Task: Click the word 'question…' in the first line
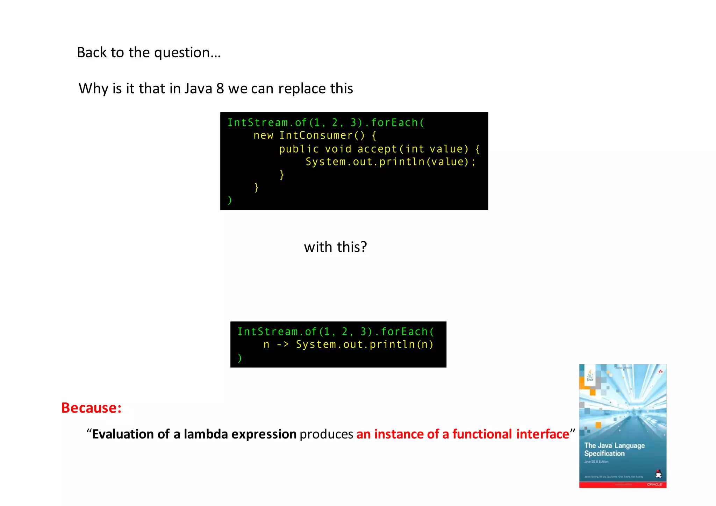pyautogui.click(x=187, y=53)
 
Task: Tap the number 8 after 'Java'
pyautogui.click(x=220, y=88)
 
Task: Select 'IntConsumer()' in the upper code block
pyautogui.click(x=322, y=136)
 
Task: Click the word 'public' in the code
pyautogui.click(x=299, y=149)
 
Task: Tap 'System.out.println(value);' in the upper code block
pyautogui.click(x=391, y=162)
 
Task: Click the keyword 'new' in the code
pyautogui.click(x=263, y=136)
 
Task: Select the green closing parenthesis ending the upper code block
pyautogui.click(x=230, y=200)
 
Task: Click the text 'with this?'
pyautogui.click(x=335, y=247)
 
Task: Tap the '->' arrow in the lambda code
pyautogui.click(x=283, y=345)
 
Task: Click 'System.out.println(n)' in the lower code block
pyautogui.click(x=365, y=345)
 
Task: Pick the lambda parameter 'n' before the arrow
pyautogui.click(x=266, y=345)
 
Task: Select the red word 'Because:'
pyautogui.click(x=91, y=408)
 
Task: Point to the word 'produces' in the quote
pyautogui.click(x=326, y=434)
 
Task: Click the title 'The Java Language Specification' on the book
pyautogui.click(x=614, y=449)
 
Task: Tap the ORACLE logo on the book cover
pyautogui.click(x=654, y=484)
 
